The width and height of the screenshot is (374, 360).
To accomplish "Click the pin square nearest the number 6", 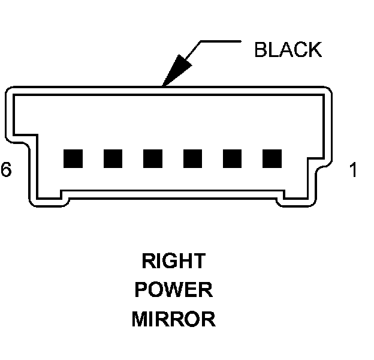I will tap(73, 158).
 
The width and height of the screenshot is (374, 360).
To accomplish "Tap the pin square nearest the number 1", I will tap(272, 158).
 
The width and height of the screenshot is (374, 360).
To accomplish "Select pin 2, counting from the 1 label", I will tap(232, 158).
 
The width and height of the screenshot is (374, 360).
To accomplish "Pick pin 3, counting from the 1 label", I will tap(192, 158).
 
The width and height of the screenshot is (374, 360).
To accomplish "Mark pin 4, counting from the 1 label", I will tap(153, 158).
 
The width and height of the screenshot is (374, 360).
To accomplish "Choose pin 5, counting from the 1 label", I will tap(113, 158).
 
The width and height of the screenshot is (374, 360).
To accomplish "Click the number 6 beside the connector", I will tap(6, 170).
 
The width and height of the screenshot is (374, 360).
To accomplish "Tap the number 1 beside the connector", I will tap(353, 170).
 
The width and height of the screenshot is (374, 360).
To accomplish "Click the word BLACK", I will tap(288, 50).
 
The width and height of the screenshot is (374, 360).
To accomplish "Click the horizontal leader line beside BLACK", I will tap(219, 42).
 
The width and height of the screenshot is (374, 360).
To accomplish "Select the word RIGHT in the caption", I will tap(173, 261).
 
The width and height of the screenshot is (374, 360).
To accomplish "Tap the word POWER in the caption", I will tap(173, 290).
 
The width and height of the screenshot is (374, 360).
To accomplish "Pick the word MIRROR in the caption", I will tap(173, 319).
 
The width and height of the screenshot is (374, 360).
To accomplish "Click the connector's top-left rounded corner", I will tap(11, 92).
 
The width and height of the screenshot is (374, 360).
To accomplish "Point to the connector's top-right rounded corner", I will tap(326, 92).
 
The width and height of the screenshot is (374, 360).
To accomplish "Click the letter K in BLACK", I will tap(315, 50).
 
